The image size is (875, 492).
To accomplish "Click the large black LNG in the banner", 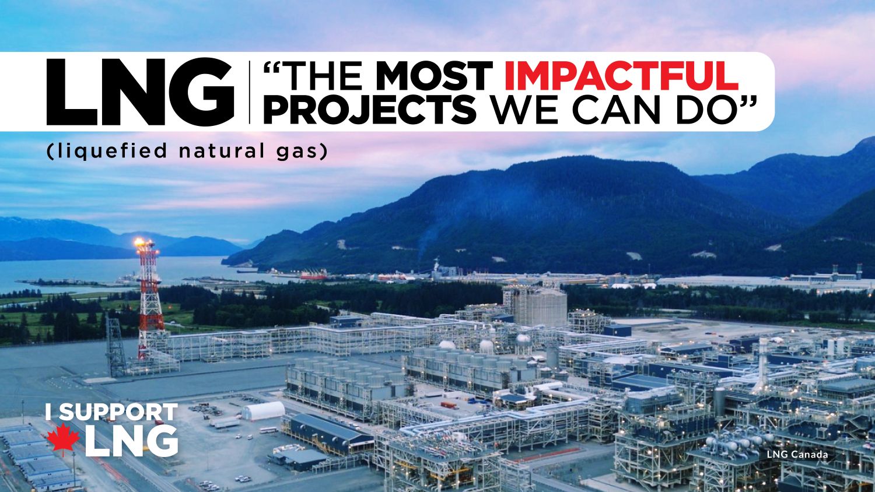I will [140, 92].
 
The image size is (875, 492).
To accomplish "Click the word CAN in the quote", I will [620, 109].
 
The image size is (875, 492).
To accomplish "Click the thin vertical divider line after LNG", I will [249, 92].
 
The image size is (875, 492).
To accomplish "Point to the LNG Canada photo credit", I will [797, 455].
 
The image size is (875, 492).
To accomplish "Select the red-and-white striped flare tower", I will [149, 303].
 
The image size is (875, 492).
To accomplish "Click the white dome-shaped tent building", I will [263, 411].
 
